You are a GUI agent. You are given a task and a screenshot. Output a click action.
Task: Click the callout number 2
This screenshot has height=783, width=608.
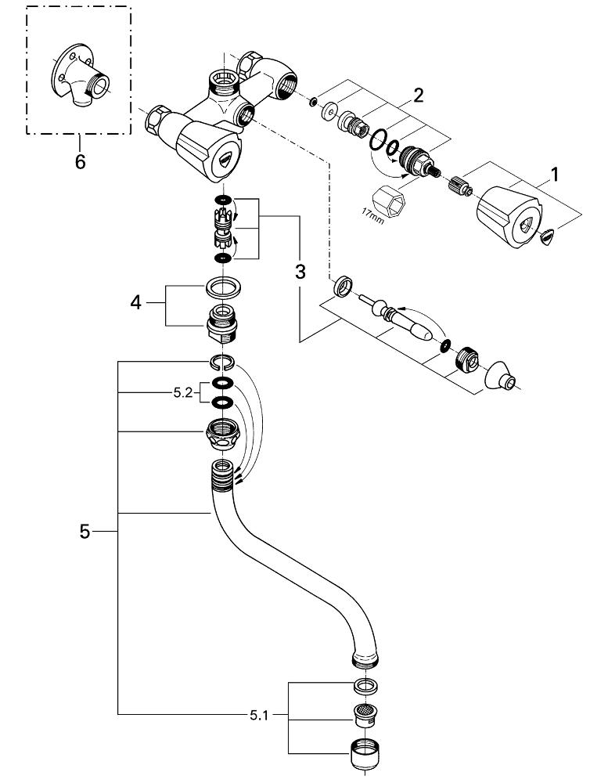[x=419, y=96]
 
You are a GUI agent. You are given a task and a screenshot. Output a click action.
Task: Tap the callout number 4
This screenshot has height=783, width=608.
[x=136, y=301]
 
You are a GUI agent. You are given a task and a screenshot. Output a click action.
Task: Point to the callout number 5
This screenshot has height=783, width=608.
[x=85, y=532]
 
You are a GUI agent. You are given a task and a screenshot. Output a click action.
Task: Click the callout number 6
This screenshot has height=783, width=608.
[x=80, y=163]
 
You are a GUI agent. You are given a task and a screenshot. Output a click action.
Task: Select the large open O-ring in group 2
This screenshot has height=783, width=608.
[x=383, y=142]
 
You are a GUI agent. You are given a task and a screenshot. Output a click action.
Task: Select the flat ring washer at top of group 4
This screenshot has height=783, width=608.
[x=223, y=287]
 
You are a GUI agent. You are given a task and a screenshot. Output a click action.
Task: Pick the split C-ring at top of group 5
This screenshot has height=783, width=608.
[x=222, y=361]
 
